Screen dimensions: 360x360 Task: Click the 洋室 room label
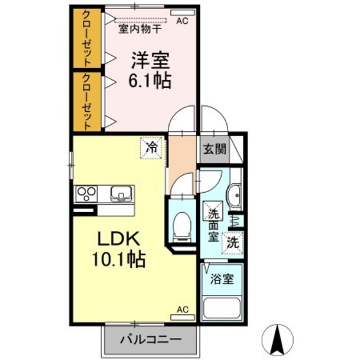click(150, 61)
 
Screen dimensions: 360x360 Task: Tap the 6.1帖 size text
click(150, 81)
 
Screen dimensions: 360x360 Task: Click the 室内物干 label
click(143, 28)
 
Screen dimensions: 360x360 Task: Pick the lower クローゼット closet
click(85, 100)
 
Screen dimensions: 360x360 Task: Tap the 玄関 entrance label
click(214, 150)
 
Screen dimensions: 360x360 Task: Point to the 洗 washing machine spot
click(233, 243)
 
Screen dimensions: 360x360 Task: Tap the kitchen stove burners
click(87, 192)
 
